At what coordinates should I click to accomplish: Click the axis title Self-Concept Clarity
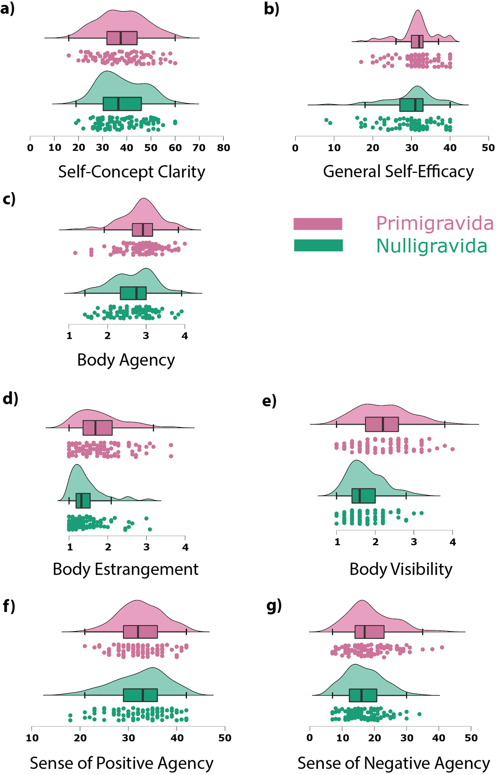pos(132,172)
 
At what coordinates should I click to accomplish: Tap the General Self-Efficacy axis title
pos(398,172)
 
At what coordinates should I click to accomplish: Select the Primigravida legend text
pos(435,223)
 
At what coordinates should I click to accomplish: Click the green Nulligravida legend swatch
pos(318,245)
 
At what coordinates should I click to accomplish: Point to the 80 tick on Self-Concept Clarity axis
pos(223,148)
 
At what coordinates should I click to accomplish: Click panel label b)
pos(272,9)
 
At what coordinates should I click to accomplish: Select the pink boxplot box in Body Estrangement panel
pos(97,428)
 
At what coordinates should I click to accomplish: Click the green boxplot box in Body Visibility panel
pos(363,496)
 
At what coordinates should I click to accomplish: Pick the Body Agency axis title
pos(126,360)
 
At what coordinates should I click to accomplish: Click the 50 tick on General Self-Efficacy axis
pos(488,148)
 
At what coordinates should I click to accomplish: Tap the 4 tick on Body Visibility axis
pos(453,542)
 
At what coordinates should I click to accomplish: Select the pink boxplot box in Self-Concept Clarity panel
pos(122,38)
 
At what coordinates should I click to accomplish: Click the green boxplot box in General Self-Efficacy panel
pos(411,105)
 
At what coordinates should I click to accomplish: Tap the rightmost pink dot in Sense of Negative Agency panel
pos(442,648)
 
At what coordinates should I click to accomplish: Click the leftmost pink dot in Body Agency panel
pos(75,253)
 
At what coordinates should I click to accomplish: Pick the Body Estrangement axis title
pos(125,569)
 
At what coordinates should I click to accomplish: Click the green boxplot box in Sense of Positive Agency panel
pos(140,695)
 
